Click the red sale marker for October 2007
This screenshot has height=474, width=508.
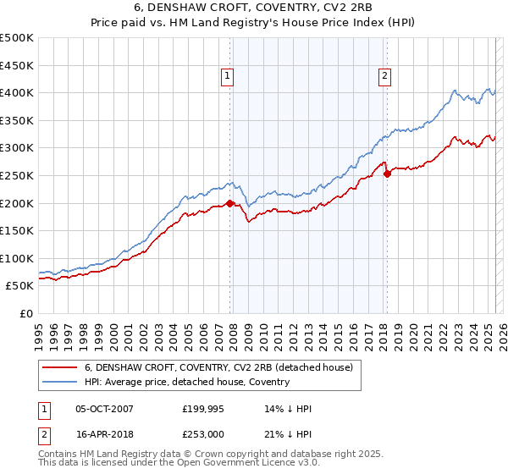[229, 203]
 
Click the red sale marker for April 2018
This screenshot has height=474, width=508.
[387, 174]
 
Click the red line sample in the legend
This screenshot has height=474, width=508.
[59, 367]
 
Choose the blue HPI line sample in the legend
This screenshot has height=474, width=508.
[59, 382]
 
